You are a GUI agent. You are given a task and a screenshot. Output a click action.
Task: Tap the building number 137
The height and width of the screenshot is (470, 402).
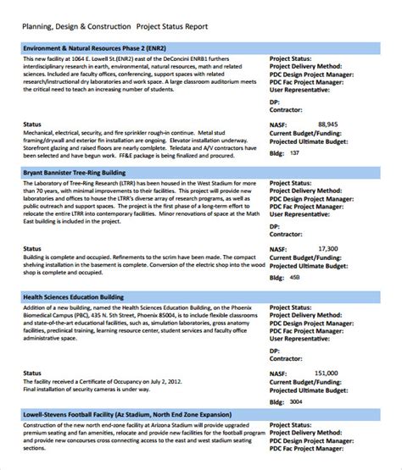tap(294, 152)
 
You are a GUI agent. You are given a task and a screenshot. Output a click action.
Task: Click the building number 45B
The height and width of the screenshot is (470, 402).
tap(294, 277)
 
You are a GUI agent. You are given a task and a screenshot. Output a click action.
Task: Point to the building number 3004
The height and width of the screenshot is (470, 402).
tap(296, 401)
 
